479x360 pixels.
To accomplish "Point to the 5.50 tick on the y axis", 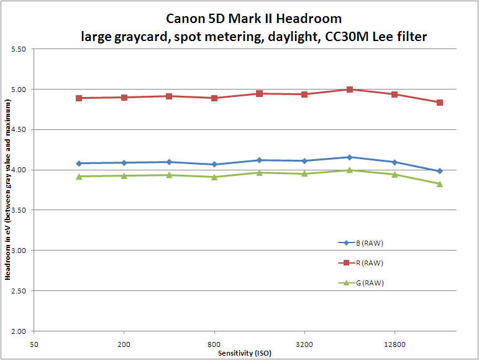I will (17, 49).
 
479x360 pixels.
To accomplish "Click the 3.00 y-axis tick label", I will (17, 251).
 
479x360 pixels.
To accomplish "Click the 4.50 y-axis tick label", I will (17, 130).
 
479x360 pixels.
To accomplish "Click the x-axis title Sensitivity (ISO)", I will (245, 353).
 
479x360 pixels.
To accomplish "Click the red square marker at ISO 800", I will (214, 98).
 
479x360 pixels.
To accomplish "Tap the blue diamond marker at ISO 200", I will (124, 163).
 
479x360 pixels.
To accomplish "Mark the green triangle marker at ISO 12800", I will (395, 174).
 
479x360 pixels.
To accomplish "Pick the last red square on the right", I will (440, 103).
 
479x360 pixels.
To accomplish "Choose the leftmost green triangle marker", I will (79, 177).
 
